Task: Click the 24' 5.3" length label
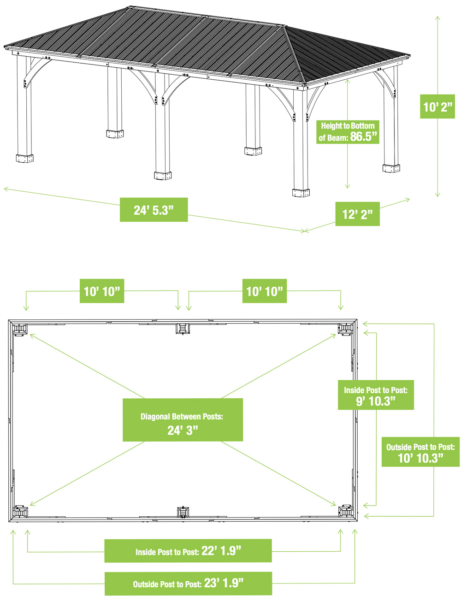coord(154,210)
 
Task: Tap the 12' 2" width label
coord(357,214)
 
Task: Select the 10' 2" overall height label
coord(437,106)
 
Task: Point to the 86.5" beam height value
coord(363,136)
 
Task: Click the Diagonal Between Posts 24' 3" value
coord(183,431)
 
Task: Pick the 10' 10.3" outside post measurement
coord(420,458)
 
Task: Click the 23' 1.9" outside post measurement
coord(224,583)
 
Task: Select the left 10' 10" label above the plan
coord(102,291)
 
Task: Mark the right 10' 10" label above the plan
coord(264,291)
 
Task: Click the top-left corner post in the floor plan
coord(20,329)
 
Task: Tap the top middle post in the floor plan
coord(183,328)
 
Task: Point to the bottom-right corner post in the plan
coord(346,512)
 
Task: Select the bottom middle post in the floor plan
coord(183,512)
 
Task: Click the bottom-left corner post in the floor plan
coord(20,512)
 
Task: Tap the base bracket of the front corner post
coord(301,193)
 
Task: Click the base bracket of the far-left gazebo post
coord(24,158)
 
